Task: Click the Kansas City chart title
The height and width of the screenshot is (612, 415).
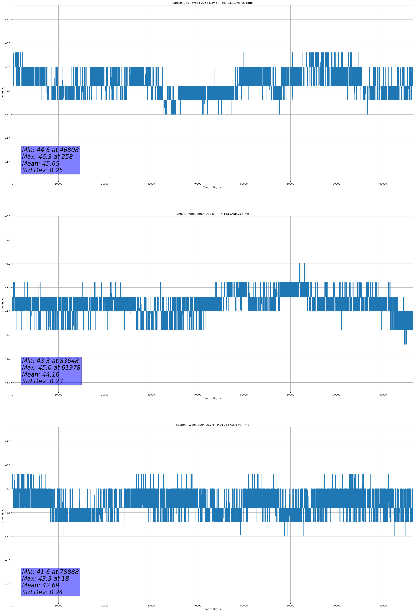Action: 212,3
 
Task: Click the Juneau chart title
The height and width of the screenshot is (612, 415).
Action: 212,214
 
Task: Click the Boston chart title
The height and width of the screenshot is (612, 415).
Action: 212,425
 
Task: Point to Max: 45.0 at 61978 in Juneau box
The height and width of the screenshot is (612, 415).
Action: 51,368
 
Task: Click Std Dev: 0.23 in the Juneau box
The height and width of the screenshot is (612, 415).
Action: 42,381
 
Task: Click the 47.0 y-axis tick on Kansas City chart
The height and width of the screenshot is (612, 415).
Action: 8,19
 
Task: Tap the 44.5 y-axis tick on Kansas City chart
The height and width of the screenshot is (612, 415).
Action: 8,138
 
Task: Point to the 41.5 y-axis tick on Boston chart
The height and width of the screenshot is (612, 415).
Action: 8,560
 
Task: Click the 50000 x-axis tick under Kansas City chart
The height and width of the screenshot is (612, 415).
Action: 244,184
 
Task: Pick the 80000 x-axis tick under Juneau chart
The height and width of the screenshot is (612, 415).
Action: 383,395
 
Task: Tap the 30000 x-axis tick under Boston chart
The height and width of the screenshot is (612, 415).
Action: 151,606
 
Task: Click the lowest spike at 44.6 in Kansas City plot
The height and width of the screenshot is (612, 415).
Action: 229,133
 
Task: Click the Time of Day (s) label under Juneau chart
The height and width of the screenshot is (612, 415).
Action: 212,398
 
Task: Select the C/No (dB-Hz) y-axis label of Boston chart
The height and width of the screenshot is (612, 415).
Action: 3,515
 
